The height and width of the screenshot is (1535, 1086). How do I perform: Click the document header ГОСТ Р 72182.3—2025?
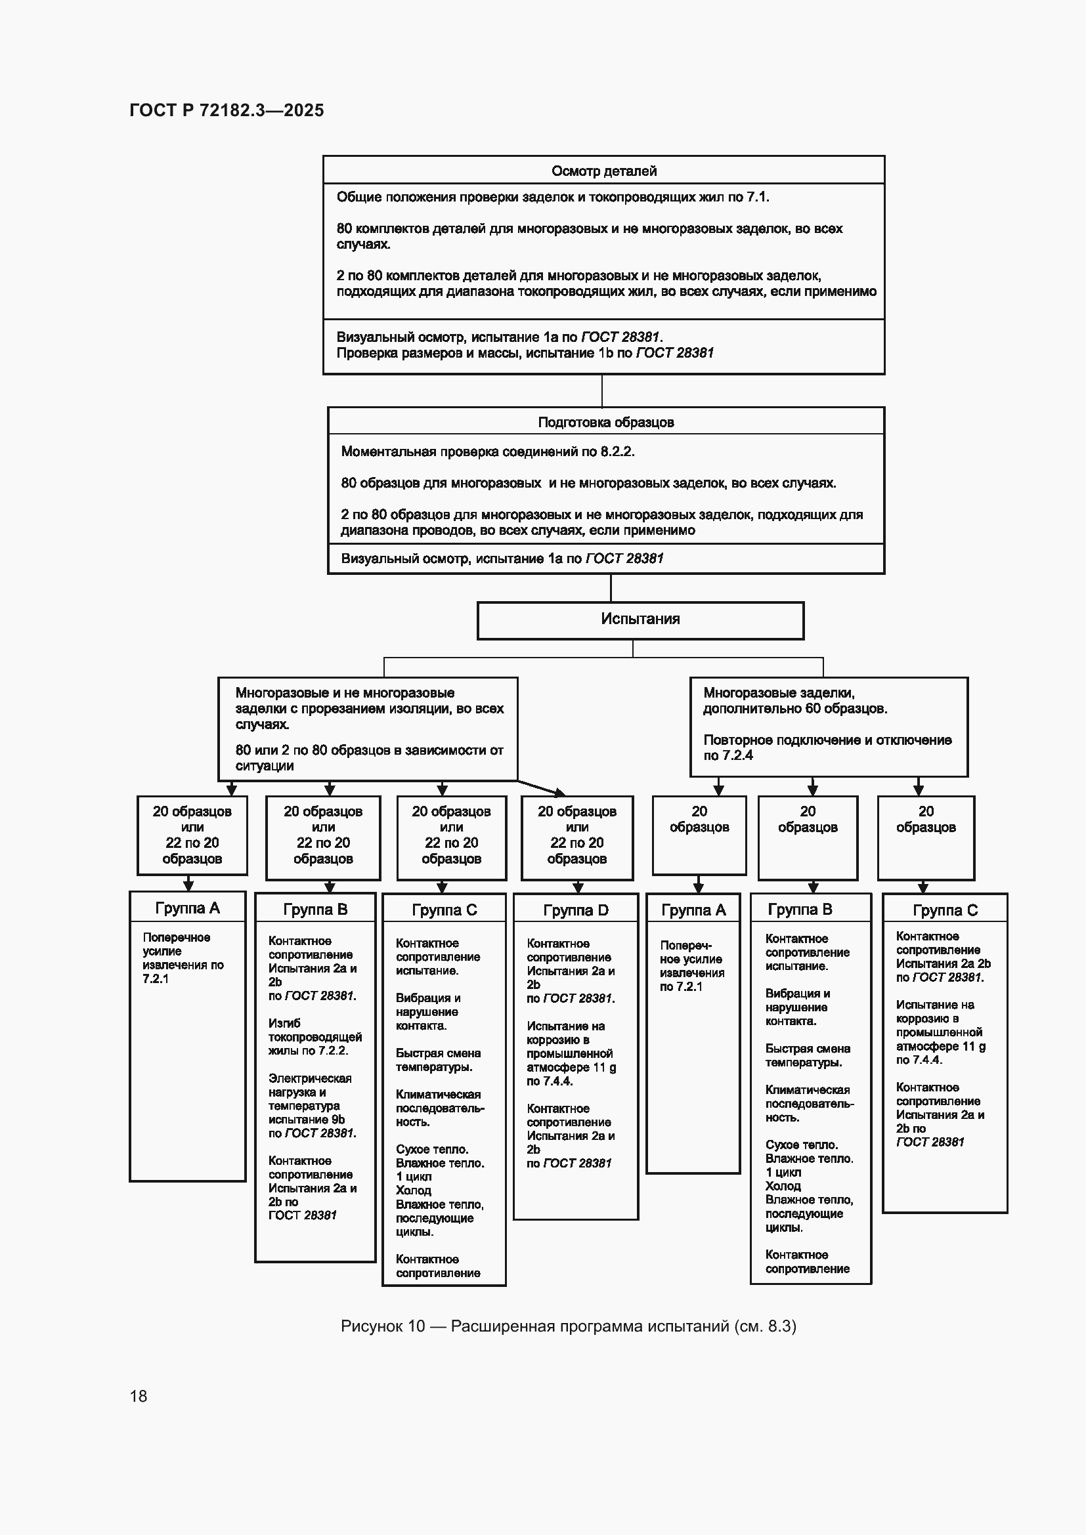coord(227,110)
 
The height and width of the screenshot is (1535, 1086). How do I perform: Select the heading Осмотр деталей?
coord(604,171)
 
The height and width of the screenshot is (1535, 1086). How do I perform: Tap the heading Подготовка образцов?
coord(606,423)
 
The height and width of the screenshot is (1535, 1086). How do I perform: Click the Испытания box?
coord(640,620)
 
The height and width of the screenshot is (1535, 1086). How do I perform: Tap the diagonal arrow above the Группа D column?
coord(541,788)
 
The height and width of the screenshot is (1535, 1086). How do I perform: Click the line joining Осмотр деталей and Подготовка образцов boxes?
coord(602,390)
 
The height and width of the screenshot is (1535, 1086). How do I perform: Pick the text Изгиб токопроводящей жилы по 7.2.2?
coord(315,1036)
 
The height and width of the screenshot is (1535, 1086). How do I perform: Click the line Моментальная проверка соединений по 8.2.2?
coord(487,452)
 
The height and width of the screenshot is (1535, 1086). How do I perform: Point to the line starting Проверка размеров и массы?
coord(525,353)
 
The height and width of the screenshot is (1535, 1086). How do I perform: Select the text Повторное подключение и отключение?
coord(827,740)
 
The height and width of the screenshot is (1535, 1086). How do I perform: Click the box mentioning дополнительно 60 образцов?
coord(829,726)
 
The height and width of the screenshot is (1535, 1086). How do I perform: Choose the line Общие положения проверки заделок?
coord(553,198)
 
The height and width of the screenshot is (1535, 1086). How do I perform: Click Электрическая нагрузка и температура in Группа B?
coord(310,1099)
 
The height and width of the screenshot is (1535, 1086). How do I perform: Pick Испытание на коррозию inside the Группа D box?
coord(565,1032)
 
